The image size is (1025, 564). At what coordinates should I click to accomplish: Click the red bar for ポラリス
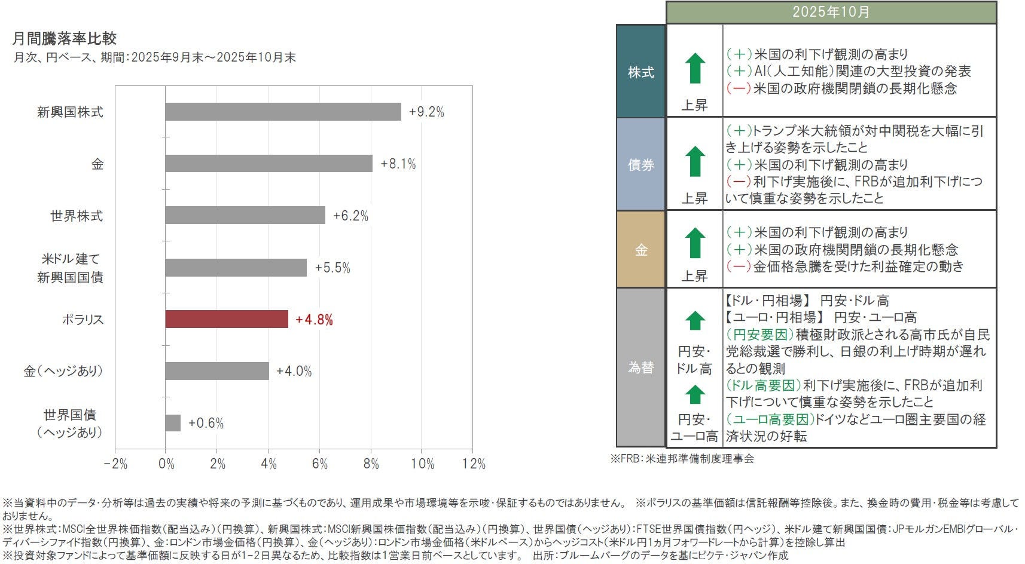tap(226, 319)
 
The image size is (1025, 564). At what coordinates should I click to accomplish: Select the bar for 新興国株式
tap(283, 112)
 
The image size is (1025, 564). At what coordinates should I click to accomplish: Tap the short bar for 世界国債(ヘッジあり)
tap(173, 423)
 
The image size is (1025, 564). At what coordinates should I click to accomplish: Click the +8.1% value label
tap(398, 164)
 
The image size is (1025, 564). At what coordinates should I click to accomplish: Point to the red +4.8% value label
tap(314, 320)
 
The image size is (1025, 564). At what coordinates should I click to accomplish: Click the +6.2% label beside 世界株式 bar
tap(350, 216)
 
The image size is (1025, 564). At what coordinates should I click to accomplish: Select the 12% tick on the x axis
tap(474, 464)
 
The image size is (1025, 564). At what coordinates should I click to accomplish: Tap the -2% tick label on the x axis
tap(115, 464)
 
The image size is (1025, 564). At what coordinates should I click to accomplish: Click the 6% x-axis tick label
tap(320, 464)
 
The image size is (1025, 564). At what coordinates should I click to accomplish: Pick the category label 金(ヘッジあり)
tap(63, 371)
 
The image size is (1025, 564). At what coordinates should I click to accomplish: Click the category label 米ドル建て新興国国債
tap(71, 268)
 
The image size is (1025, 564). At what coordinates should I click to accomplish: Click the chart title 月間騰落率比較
tap(65, 39)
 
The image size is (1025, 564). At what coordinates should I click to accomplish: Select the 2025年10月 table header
tap(831, 12)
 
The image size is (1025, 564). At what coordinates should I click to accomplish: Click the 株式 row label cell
tap(640, 72)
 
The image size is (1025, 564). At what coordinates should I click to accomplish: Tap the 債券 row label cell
tap(640, 164)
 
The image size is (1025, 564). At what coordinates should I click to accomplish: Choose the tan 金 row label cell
tap(640, 250)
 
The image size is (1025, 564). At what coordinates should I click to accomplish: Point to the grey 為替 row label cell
tap(640, 367)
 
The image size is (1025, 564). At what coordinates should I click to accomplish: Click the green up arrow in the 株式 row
tap(694, 68)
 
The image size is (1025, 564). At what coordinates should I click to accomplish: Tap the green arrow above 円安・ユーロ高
tap(694, 395)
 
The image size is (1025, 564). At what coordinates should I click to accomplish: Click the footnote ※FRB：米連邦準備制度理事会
tap(682, 459)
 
